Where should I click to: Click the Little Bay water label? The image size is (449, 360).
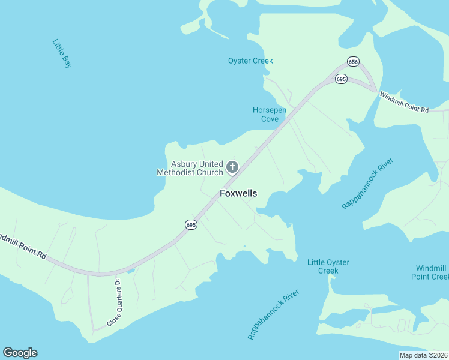(x=62, y=53)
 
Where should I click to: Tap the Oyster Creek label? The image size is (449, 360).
(x=250, y=61)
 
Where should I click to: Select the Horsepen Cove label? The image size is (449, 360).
(x=269, y=115)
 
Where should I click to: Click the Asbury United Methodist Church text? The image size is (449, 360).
(x=190, y=168)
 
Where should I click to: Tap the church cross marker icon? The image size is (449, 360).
(x=232, y=167)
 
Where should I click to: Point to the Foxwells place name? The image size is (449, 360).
(x=238, y=193)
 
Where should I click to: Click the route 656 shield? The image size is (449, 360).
(x=353, y=62)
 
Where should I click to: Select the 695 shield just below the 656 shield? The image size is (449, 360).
(x=341, y=79)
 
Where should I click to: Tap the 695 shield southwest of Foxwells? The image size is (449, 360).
(x=191, y=224)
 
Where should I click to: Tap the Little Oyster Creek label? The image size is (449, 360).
(x=328, y=266)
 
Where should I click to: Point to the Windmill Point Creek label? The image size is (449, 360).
(x=430, y=272)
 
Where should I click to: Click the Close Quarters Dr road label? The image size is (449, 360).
(x=114, y=303)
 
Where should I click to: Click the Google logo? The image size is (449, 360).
(x=20, y=353)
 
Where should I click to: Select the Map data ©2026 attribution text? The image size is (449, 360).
(x=423, y=355)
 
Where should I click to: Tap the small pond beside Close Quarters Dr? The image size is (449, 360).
(x=131, y=271)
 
